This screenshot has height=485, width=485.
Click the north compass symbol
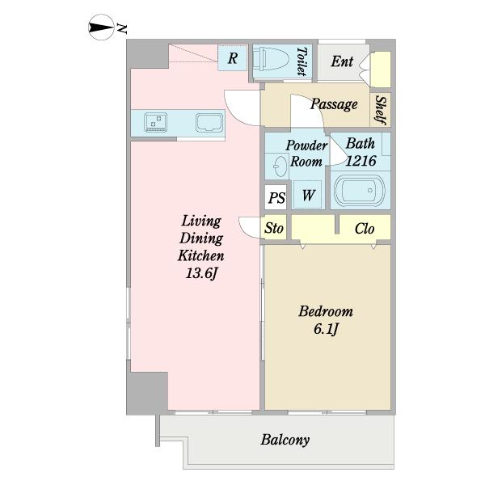[x=100, y=27]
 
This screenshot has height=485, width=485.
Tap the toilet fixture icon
[x=271, y=59]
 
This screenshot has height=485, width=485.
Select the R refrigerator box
[x=233, y=58]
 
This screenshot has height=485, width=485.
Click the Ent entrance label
[x=342, y=61]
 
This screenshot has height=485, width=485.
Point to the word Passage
[x=334, y=104]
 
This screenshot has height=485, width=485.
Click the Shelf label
[x=380, y=109]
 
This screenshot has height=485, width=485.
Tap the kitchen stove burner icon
[x=155, y=122]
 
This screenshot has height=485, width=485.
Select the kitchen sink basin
[x=209, y=123]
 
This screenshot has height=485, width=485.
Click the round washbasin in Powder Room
[x=280, y=167]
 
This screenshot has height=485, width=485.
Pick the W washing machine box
[x=308, y=195]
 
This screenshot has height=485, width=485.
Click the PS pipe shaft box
[x=276, y=198]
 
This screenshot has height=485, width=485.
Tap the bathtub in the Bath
[x=360, y=191]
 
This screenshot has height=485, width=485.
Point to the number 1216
[x=361, y=161]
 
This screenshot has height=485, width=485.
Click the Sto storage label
[x=274, y=229]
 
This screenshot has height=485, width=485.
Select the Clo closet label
[x=365, y=229]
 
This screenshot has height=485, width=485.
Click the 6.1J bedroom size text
[x=326, y=329]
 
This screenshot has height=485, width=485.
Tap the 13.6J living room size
[x=201, y=273]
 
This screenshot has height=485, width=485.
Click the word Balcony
[x=285, y=440]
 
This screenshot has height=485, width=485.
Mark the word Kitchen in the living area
[x=201, y=255]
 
